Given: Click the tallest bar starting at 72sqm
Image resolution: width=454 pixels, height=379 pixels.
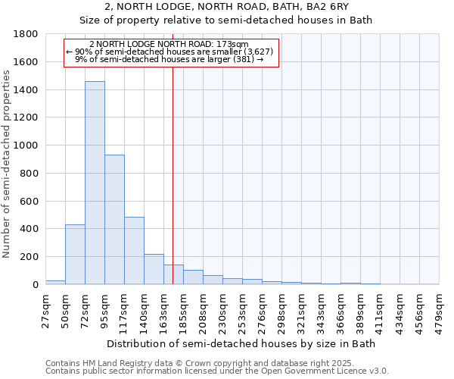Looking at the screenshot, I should point(95,183).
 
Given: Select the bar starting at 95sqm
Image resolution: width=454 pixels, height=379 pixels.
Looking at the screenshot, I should point(114,220).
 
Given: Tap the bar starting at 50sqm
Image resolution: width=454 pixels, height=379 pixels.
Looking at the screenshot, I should point(75,255).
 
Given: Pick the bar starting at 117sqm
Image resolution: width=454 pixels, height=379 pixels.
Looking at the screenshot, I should point(134,251).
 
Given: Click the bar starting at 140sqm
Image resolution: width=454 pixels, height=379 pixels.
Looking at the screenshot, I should point(154,269).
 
